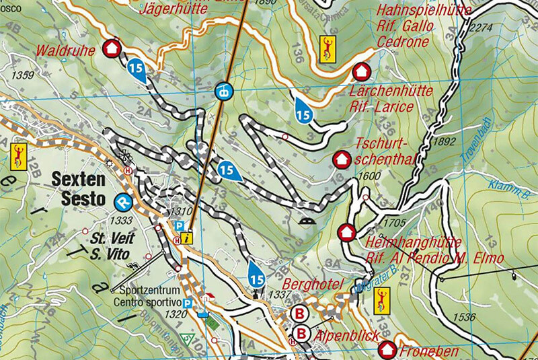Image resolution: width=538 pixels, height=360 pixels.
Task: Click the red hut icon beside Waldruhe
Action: click(x=112, y=48)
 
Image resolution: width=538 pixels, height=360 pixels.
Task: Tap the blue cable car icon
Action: click(x=222, y=89)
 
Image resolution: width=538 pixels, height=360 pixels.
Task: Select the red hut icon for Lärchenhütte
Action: click(x=362, y=71)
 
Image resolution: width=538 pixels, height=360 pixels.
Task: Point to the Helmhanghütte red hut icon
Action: click(x=346, y=232)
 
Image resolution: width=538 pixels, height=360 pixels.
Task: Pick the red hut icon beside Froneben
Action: click(x=387, y=349)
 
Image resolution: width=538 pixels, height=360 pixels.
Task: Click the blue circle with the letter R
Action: click(x=122, y=201)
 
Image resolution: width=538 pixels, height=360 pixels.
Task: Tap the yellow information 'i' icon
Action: click(x=188, y=237)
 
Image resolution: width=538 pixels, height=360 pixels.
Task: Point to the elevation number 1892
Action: click(x=445, y=142)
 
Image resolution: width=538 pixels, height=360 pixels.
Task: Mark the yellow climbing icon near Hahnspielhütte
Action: click(x=328, y=48)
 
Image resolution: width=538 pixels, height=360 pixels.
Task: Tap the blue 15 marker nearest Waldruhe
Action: click(x=137, y=69)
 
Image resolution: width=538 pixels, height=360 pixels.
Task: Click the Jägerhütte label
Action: click(x=174, y=9)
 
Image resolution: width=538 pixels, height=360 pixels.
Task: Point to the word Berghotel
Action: click(x=313, y=283)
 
